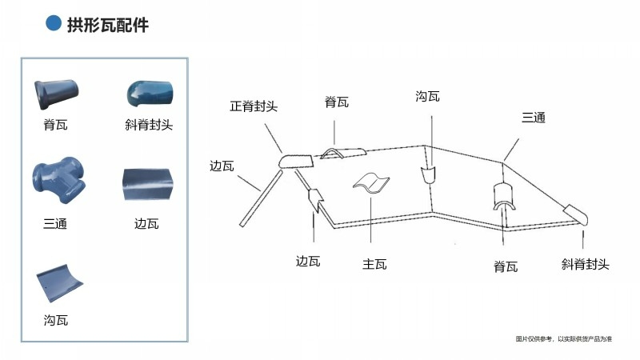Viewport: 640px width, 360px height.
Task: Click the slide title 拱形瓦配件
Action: pyautogui.click(x=109, y=25)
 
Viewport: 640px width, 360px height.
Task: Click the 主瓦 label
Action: pyautogui.click(x=374, y=263)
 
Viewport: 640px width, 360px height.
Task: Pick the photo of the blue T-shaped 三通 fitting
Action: pyautogui.click(x=57, y=183)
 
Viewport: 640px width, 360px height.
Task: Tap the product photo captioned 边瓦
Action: pyautogui.click(x=147, y=186)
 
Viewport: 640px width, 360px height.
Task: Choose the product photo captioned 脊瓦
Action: pyautogui.click(x=56, y=94)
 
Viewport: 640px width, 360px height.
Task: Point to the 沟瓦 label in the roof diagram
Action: pyautogui.click(x=427, y=97)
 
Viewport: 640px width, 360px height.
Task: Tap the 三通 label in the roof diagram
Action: pyautogui.click(x=533, y=118)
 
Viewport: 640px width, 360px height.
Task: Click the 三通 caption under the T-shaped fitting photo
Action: pyautogui.click(x=55, y=223)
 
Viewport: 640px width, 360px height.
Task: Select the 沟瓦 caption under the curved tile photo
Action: pyautogui.click(x=55, y=320)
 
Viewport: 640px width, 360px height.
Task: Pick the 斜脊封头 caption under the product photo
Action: pyautogui.click(x=149, y=125)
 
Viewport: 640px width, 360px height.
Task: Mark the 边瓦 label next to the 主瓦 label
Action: pyautogui.click(x=308, y=261)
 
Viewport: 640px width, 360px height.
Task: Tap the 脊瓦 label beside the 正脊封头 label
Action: pyautogui.click(x=336, y=102)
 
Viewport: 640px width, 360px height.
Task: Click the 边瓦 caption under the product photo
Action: pyautogui.click(x=146, y=223)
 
